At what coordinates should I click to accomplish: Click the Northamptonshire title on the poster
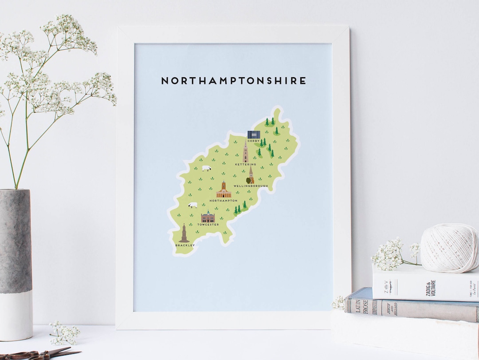pos(233,81)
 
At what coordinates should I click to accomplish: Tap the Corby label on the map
pos(253,141)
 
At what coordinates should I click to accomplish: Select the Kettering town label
pos(245,165)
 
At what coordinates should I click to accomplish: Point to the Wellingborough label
pos(251,186)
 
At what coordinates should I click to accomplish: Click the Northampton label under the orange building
pos(224,201)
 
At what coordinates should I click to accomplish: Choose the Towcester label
pos(208,225)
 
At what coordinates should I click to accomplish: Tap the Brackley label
pos(185,245)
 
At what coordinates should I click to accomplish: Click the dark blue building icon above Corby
pos(253,135)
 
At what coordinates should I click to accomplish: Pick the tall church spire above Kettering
pos(245,152)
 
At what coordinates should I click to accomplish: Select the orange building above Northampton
pos(223,191)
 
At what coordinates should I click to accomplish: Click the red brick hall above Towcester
pos(208,217)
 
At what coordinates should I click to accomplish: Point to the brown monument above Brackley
pos(184,233)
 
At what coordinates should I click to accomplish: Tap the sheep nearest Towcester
pos(192,205)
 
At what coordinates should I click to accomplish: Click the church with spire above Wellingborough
pos(251,175)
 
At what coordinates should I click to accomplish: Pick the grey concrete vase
pos(16,262)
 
